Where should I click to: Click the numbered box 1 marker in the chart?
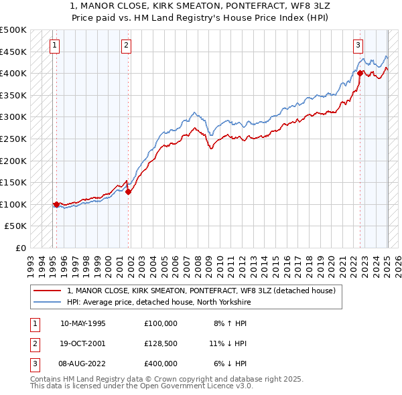tap(54, 46)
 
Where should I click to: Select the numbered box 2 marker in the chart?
tap(127, 46)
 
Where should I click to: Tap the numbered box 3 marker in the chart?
tap(358, 46)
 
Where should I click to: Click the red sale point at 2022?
tap(360, 73)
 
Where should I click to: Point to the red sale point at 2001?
tap(128, 191)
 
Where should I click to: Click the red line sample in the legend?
tap(48, 291)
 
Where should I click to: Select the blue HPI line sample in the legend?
tap(48, 302)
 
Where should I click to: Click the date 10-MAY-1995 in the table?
tap(83, 323)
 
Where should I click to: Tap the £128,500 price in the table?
tap(161, 343)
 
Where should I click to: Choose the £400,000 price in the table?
tap(161, 364)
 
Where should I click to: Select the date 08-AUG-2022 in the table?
tap(83, 364)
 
